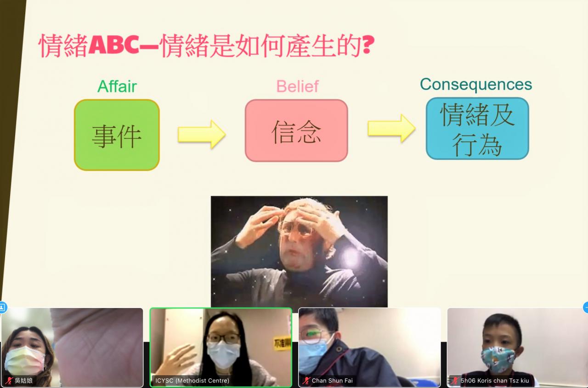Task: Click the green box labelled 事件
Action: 117,135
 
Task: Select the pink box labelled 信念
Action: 296,130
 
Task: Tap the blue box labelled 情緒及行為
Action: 477,128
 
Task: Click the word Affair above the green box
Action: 117,86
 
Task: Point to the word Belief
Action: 298,86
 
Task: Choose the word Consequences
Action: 476,84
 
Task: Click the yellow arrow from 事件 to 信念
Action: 202,134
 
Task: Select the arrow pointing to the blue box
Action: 391,128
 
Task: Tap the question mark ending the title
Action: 368,45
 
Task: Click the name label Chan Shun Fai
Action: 332,380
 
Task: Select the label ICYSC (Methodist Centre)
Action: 192,380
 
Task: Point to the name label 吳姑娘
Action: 23,380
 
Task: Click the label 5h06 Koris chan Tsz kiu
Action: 495,380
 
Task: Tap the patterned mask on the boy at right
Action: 498,359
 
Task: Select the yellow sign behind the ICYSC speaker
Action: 282,343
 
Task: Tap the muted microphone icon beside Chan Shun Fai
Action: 306,381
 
